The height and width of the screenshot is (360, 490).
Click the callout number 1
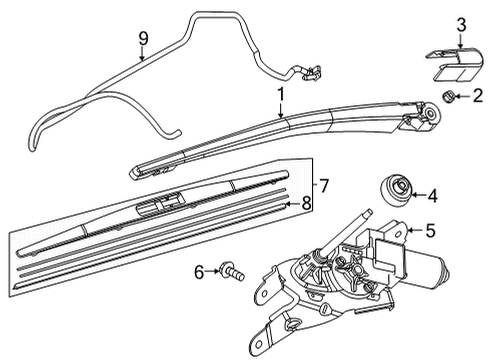click(x=281, y=95)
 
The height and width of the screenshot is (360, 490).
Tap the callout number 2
click(x=478, y=96)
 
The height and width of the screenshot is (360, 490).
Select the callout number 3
click(x=461, y=25)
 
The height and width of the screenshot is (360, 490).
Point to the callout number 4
click(x=432, y=196)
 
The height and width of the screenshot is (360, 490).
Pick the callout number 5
click(x=431, y=230)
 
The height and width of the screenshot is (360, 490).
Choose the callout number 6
click(x=199, y=272)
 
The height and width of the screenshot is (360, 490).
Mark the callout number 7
click(x=324, y=185)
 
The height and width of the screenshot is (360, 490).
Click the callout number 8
click(x=306, y=203)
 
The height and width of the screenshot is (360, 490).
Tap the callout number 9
click(x=143, y=39)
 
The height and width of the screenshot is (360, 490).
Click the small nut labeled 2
click(x=446, y=97)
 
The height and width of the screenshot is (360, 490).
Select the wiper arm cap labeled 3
click(x=455, y=64)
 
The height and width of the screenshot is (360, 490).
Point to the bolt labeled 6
click(x=232, y=271)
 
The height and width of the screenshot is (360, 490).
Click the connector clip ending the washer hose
click(x=312, y=74)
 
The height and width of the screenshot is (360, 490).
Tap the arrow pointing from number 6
click(x=212, y=272)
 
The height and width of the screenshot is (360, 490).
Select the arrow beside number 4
click(x=418, y=195)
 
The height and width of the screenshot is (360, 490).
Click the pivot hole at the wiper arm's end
click(x=431, y=112)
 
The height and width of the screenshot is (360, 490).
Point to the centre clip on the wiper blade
click(x=160, y=204)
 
